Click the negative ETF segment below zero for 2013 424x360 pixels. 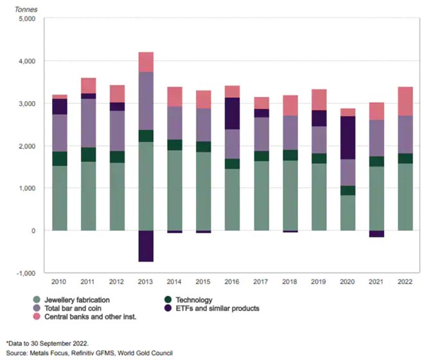click(x=146, y=246)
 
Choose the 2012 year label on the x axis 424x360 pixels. click(x=118, y=281)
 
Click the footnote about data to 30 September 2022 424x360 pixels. click(x=46, y=343)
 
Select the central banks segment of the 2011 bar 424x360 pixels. click(x=89, y=85)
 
